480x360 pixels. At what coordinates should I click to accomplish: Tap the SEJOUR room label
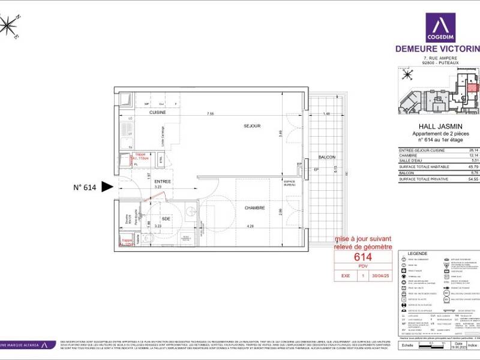coord(252,126)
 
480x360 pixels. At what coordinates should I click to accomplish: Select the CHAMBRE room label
coord(254,208)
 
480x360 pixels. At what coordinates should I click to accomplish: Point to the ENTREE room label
coord(163,181)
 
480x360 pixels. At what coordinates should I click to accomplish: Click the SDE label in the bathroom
coord(166,219)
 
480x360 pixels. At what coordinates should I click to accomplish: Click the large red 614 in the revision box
coord(364,257)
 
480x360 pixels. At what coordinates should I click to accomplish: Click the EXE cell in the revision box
coord(346,277)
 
